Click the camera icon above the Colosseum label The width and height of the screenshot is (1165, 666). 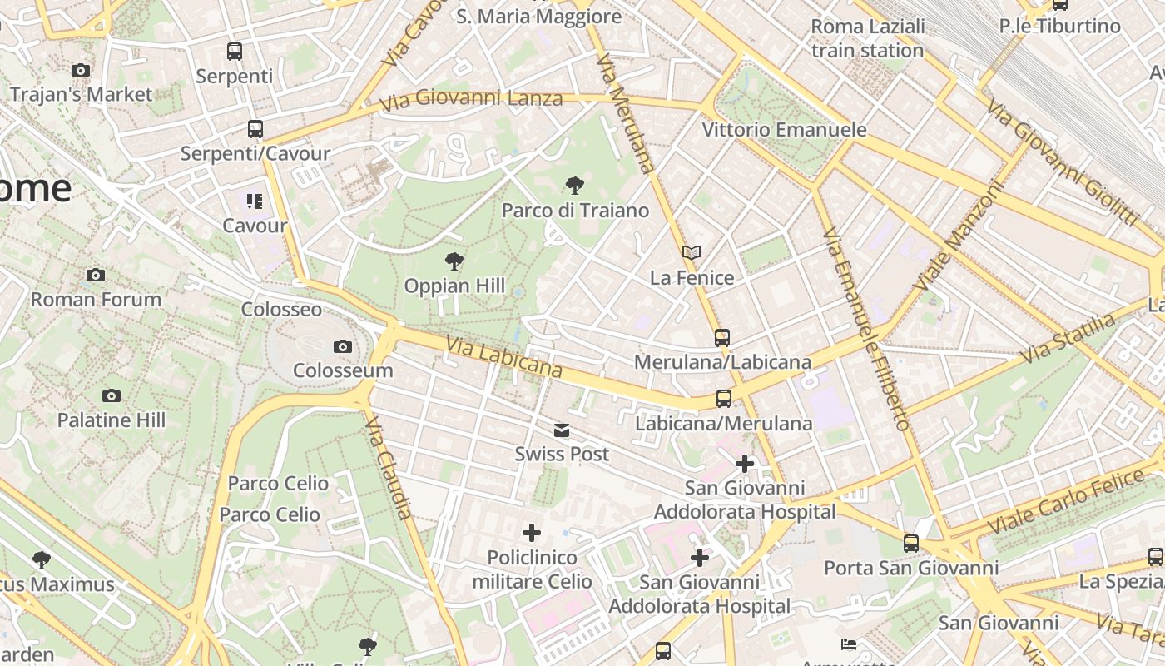(x=342, y=346)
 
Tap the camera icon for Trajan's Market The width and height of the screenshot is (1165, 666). (x=81, y=70)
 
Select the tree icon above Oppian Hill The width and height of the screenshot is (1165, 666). (x=454, y=261)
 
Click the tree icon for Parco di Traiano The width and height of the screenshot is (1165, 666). (x=574, y=186)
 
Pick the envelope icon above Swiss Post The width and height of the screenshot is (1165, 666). (x=562, y=430)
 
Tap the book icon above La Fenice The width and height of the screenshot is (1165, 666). (x=692, y=252)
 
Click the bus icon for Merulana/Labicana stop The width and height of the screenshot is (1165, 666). (x=722, y=337)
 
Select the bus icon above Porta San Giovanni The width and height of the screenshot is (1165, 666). (x=911, y=544)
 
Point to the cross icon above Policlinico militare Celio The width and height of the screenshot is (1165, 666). (x=532, y=533)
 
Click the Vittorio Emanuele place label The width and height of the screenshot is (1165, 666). (x=784, y=130)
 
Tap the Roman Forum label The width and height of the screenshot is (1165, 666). (x=96, y=299)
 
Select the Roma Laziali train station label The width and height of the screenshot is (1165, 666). (x=867, y=38)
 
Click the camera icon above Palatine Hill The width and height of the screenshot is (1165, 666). (x=112, y=395)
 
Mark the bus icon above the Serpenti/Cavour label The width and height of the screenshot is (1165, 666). (x=255, y=129)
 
